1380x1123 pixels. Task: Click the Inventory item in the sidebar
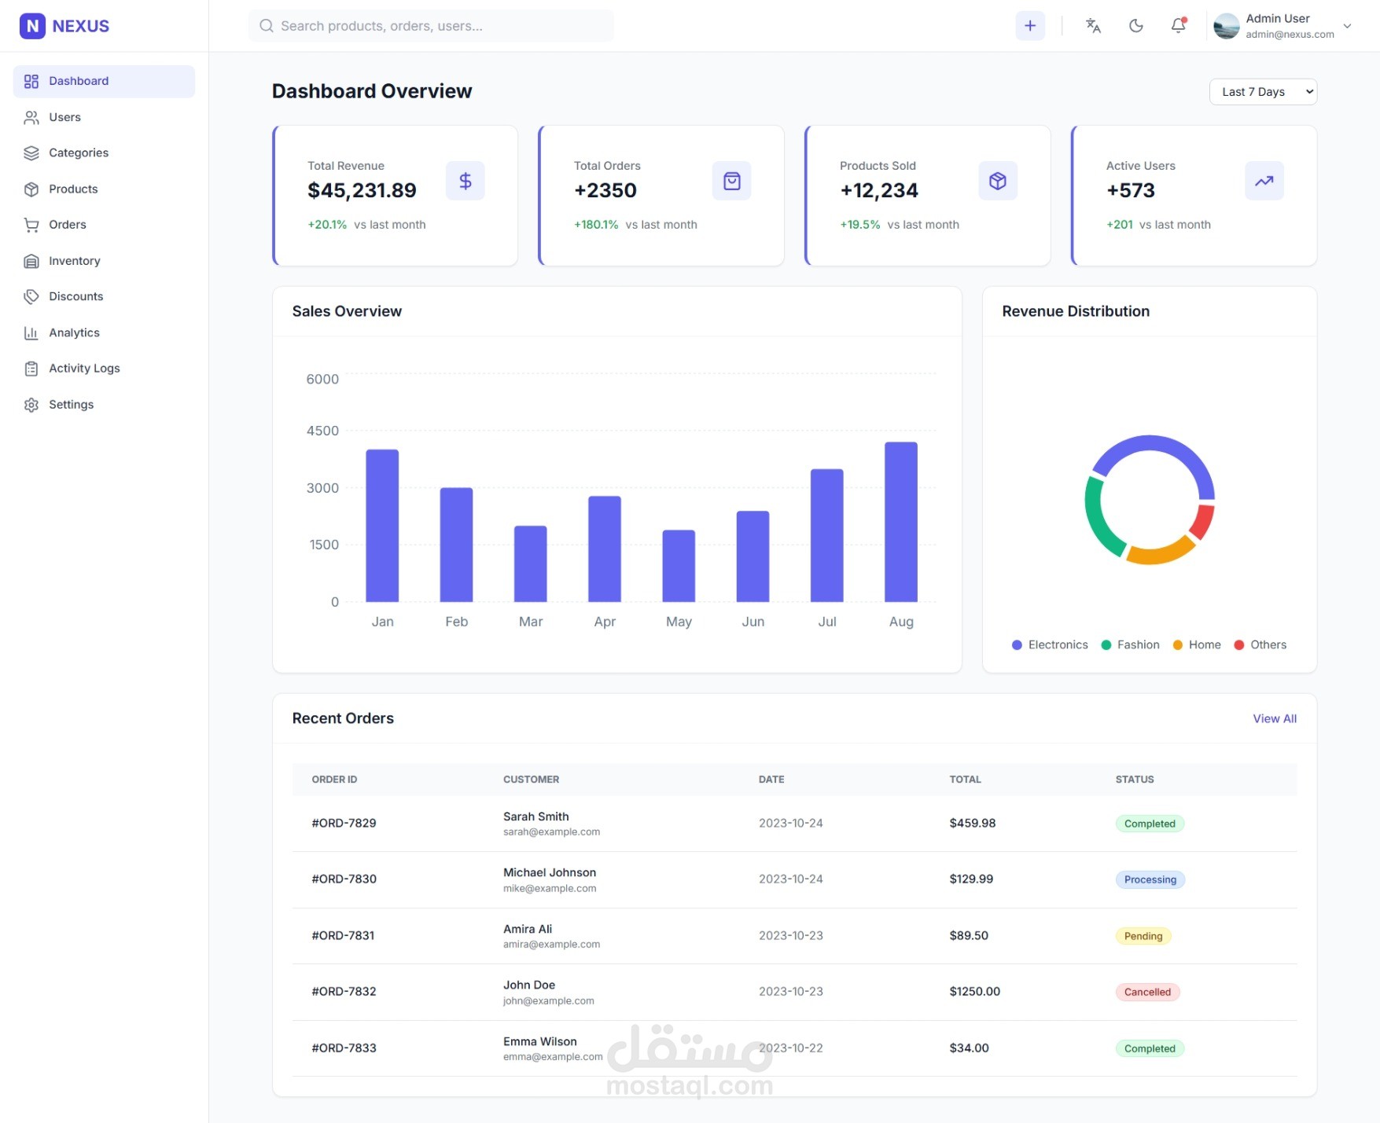pyautogui.click(x=74, y=261)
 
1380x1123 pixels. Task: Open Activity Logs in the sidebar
pyautogui.click(x=84, y=369)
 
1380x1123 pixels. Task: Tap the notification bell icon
pyautogui.click(x=1178, y=26)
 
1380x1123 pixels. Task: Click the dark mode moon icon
pyautogui.click(x=1135, y=26)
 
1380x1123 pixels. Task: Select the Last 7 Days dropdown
pyautogui.click(x=1263, y=92)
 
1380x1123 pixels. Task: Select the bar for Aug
pyautogui.click(x=900, y=522)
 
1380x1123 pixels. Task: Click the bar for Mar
pyautogui.click(x=530, y=563)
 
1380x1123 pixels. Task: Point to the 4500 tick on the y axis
pyautogui.click(x=322, y=431)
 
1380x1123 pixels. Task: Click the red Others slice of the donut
pyautogui.click(x=1202, y=521)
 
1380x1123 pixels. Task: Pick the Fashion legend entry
pyautogui.click(x=1131, y=645)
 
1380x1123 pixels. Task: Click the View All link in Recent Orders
pyautogui.click(x=1274, y=719)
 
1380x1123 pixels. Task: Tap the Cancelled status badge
pyautogui.click(x=1147, y=992)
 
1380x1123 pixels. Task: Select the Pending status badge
pyautogui.click(x=1143, y=936)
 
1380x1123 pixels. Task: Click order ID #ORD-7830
pyautogui.click(x=344, y=879)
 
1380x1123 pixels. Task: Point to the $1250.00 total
pyautogui.click(x=974, y=992)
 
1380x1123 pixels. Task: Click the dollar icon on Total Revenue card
pyautogui.click(x=466, y=182)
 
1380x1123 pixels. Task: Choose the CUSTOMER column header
pyautogui.click(x=531, y=780)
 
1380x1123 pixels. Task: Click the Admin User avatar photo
pyautogui.click(x=1226, y=26)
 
